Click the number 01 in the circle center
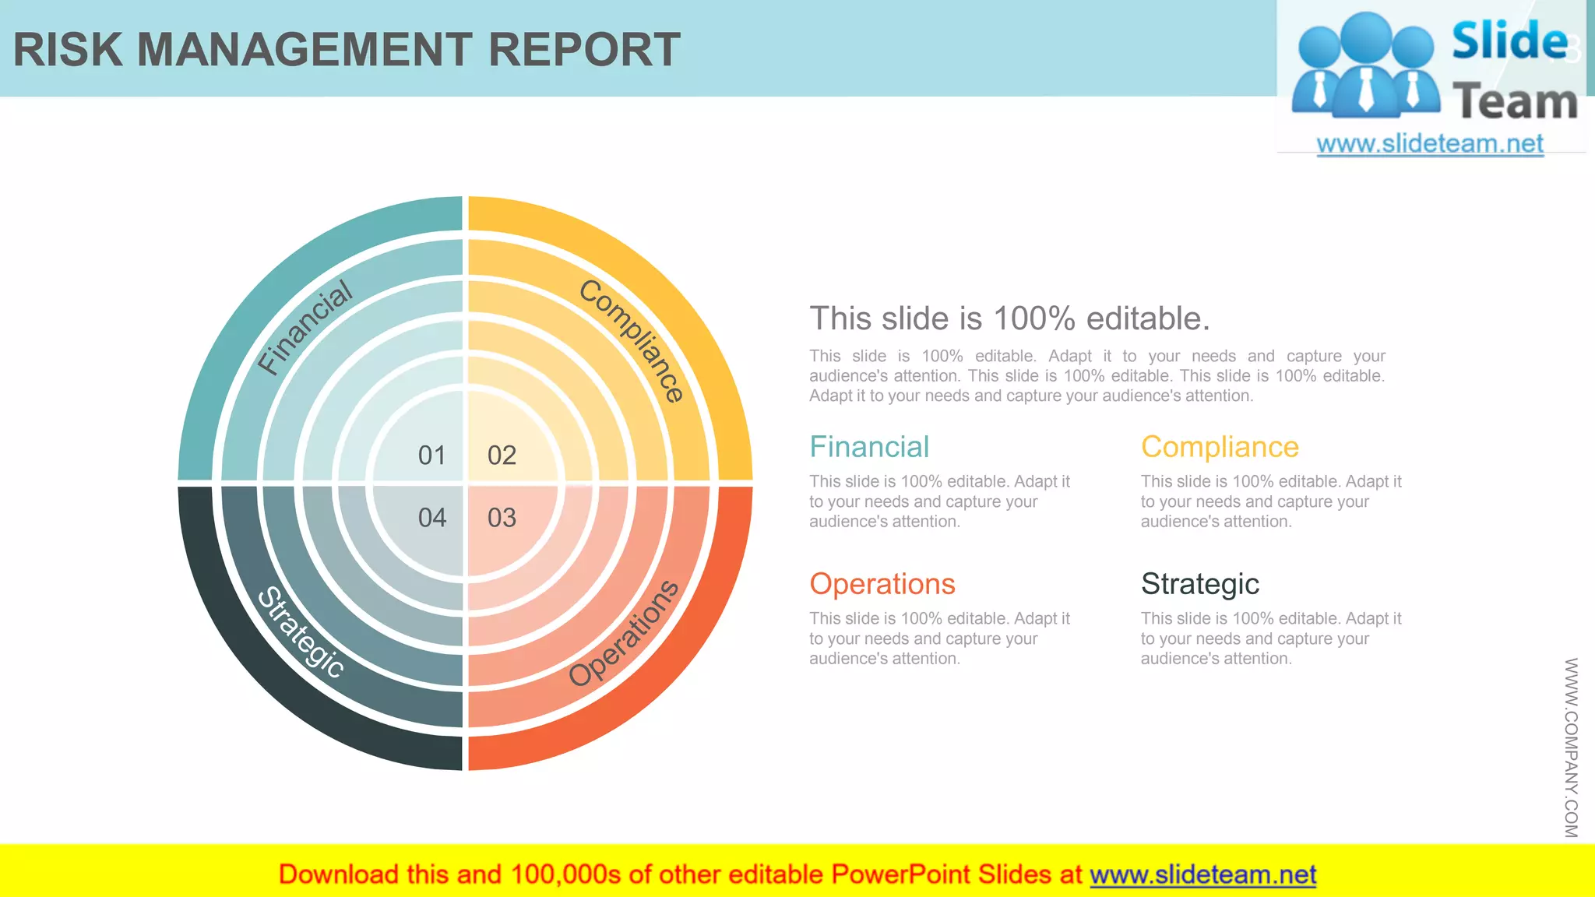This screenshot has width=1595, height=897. pyautogui.click(x=432, y=456)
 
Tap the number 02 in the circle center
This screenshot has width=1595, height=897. pyautogui.click(x=502, y=456)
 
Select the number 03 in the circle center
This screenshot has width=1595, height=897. pyautogui.click(x=502, y=518)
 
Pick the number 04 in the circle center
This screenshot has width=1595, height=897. pyautogui.click(x=432, y=518)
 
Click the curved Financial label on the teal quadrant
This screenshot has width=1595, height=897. pyautogui.click(x=305, y=327)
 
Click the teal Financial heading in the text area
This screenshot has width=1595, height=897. pyautogui.click(x=869, y=447)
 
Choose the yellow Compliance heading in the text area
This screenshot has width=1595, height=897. pyautogui.click(x=1220, y=447)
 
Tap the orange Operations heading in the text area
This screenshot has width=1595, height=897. pyautogui.click(x=882, y=584)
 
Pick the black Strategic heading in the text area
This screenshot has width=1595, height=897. pyautogui.click(x=1200, y=584)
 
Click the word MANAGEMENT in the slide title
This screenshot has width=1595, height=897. pyautogui.click(x=305, y=50)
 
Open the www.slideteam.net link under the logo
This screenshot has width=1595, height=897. pyautogui.click(x=1430, y=143)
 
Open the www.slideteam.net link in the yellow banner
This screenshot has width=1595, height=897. pyautogui.click(x=1202, y=874)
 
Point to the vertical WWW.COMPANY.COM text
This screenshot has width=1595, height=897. pyautogui.click(x=1571, y=747)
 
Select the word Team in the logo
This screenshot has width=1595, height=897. pyautogui.click(x=1515, y=102)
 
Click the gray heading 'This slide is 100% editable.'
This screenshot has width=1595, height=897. pyautogui.click(x=1009, y=318)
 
